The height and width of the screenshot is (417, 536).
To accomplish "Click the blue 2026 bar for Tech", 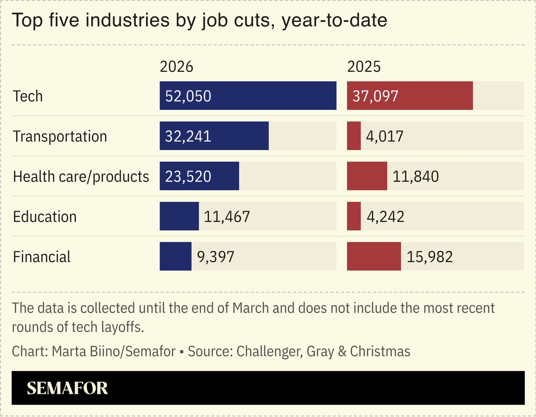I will (248, 96).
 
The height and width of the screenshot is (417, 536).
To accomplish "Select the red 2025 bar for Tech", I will (409, 96).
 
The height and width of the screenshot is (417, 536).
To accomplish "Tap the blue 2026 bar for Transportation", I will (214, 136).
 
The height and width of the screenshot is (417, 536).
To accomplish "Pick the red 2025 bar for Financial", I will (374, 256).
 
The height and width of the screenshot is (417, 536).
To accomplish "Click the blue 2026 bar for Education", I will (179, 216).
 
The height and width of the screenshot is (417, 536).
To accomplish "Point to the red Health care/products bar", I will (367, 176).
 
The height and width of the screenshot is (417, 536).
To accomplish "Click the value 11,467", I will (227, 217).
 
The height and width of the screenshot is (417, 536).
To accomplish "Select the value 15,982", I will (429, 257).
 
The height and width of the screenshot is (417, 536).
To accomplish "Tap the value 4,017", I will (384, 136).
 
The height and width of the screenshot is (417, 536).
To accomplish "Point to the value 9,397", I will (215, 257).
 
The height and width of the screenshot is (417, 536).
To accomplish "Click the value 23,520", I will (188, 176).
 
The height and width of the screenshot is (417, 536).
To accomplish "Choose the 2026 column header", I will (176, 67).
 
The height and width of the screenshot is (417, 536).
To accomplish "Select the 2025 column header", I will (364, 67).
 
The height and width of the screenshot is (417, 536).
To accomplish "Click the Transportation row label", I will (60, 136).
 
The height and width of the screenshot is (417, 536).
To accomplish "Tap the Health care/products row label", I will (81, 177).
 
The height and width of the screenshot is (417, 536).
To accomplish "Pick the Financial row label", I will (42, 257).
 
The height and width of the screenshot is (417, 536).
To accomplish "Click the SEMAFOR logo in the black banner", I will (67, 388).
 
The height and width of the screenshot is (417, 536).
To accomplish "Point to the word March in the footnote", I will (255, 308).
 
